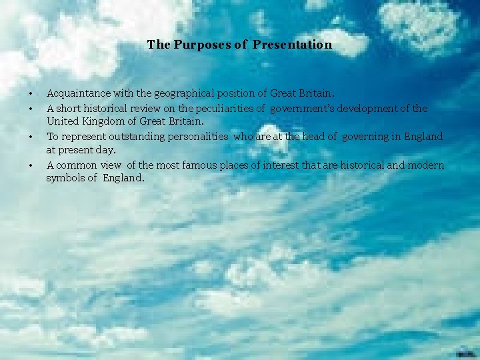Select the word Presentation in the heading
tap(293, 45)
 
